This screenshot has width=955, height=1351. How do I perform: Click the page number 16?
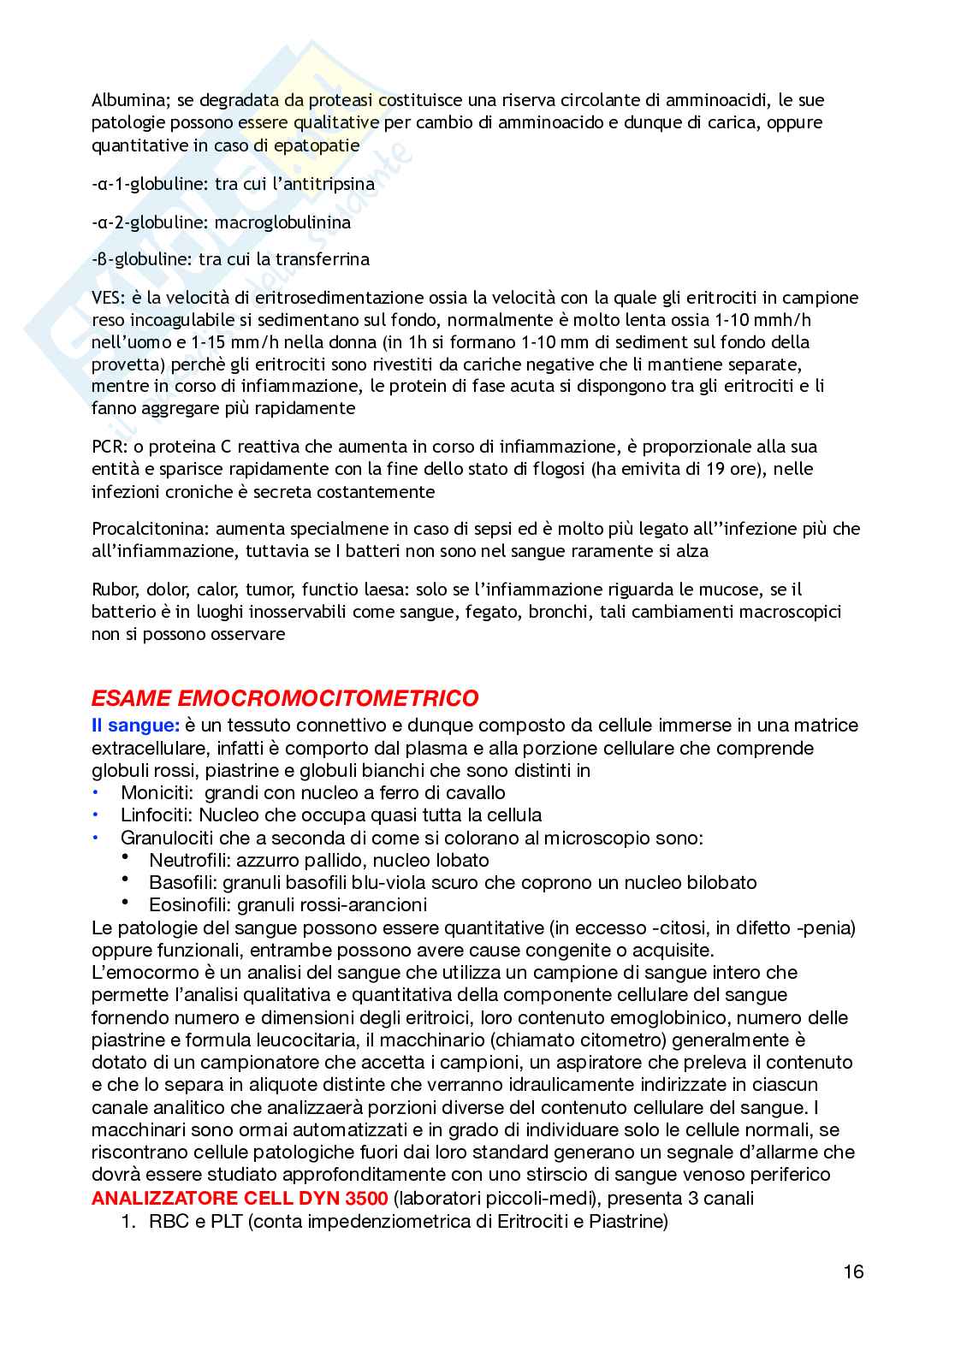tap(853, 1271)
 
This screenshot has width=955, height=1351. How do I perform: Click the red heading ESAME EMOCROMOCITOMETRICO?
tap(285, 698)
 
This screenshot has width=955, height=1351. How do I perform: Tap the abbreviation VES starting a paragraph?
tap(106, 298)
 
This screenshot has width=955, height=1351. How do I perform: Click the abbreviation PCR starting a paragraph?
tap(107, 447)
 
